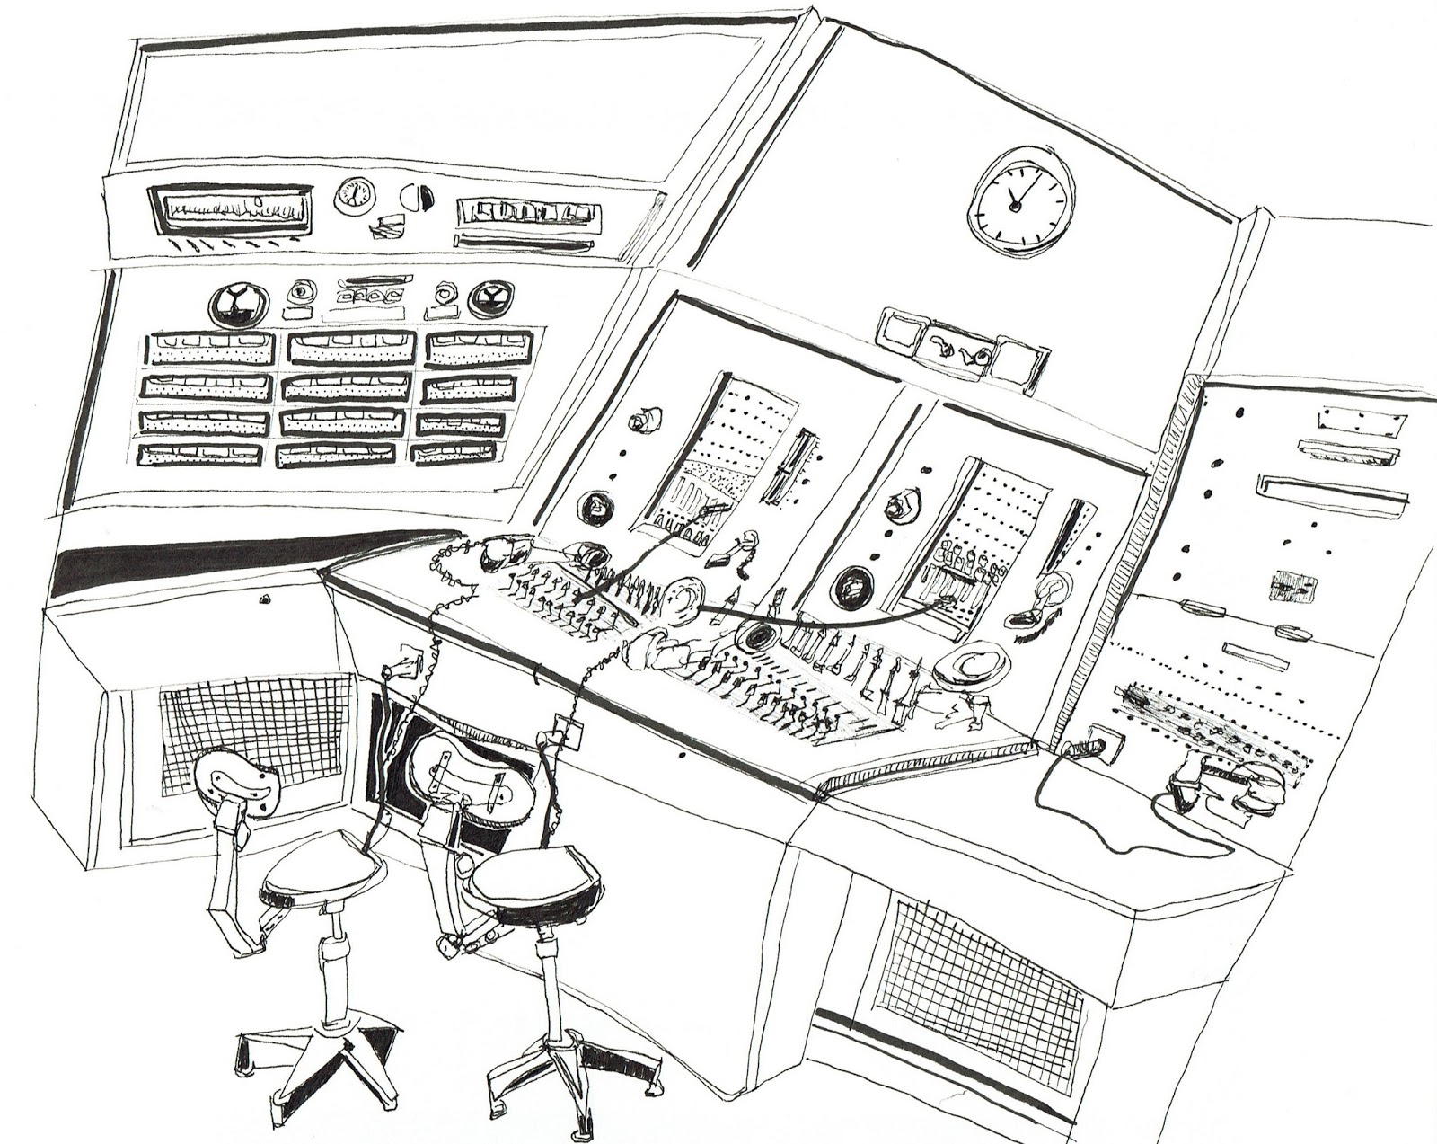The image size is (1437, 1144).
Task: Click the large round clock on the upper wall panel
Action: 1021,197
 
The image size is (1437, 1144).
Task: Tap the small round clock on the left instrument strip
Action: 355,196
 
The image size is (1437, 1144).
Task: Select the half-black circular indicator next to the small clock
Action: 415,196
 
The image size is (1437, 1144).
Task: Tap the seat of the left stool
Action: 323,876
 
